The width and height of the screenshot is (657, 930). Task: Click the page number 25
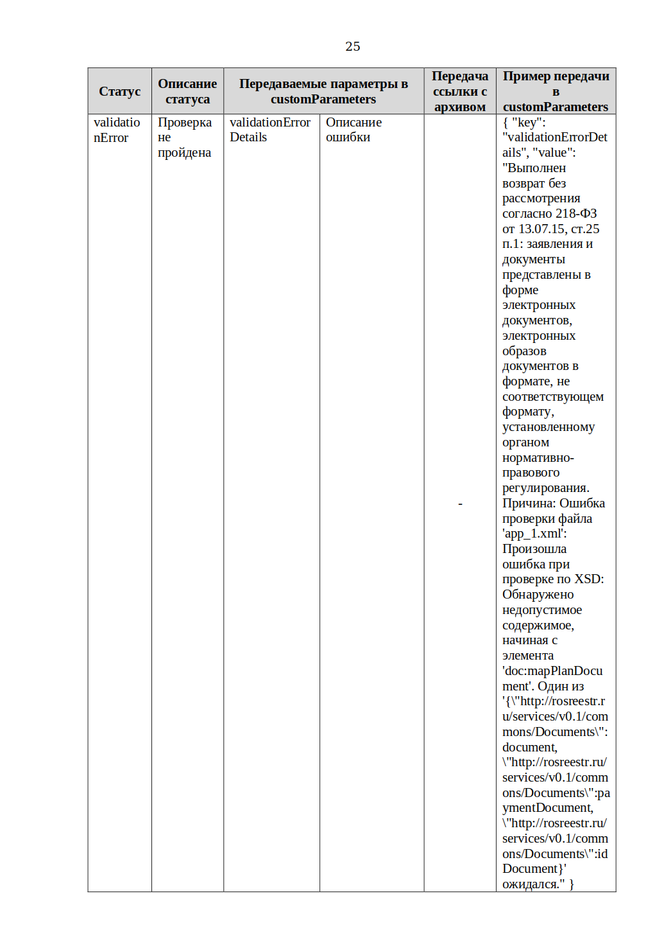click(352, 46)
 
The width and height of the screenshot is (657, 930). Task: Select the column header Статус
click(119, 91)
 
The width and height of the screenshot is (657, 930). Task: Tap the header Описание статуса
click(187, 91)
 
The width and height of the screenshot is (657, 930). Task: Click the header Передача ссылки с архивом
click(459, 91)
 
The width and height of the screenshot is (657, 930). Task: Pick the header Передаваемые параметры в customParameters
click(323, 91)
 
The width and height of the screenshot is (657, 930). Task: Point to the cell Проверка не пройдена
click(184, 137)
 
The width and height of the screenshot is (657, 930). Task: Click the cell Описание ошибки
click(353, 130)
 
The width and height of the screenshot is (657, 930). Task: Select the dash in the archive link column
click(460, 504)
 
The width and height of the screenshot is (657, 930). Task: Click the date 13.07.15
click(542, 229)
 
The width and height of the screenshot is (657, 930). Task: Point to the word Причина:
click(529, 504)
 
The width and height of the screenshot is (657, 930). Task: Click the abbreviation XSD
click(588, 579)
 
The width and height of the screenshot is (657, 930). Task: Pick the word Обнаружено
click(538, 595)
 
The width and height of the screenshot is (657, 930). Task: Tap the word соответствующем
click(552, 397)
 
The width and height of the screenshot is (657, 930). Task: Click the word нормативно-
click(538, 458)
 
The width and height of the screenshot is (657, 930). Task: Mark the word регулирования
click(545, 488)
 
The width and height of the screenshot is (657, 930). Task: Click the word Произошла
click(534, 549)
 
